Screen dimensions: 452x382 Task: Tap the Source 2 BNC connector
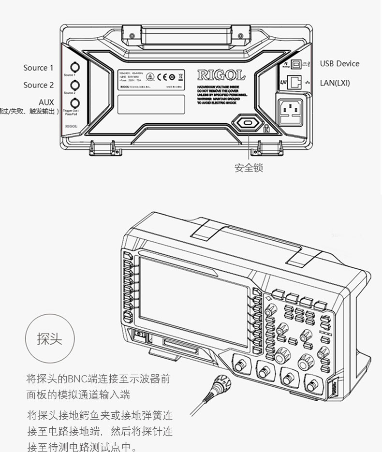(75, 85)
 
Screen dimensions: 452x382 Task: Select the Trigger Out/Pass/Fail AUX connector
(75, 102)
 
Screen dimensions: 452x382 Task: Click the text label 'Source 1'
(38, 68)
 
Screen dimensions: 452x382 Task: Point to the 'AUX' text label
(46, 102)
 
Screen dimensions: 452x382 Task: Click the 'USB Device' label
(339, 63)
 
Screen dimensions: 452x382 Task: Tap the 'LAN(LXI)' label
(335, 83)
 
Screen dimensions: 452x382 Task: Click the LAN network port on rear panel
(295, 83)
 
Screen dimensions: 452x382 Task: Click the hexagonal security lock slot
(248, 123)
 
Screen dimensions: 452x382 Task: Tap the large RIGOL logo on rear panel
(221, 75)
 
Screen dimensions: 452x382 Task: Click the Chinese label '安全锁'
(249, 168)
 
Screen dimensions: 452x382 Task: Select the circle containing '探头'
(50, 338)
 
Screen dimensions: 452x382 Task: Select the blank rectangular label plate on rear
(151, 104)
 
